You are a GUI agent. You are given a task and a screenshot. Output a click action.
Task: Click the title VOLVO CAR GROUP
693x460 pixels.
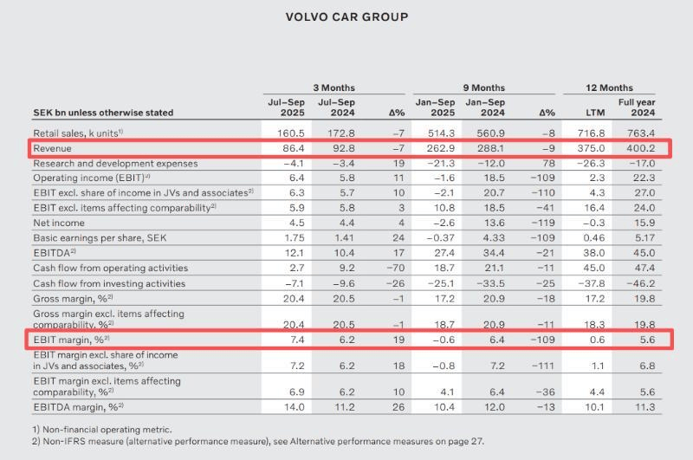coord(346,16)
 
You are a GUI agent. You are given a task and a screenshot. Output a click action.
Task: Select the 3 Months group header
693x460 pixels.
coord(334,87)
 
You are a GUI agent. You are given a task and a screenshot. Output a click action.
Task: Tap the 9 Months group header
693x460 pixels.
coord(483,87)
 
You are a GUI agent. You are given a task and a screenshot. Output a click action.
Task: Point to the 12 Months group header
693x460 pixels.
coord(609,87)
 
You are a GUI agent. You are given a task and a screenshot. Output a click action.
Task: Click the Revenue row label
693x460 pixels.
coord(53,148)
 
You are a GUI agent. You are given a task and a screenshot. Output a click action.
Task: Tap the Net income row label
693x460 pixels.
coord(57,222)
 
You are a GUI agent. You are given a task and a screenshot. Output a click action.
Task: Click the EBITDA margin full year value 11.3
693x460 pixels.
coord(642,405)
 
